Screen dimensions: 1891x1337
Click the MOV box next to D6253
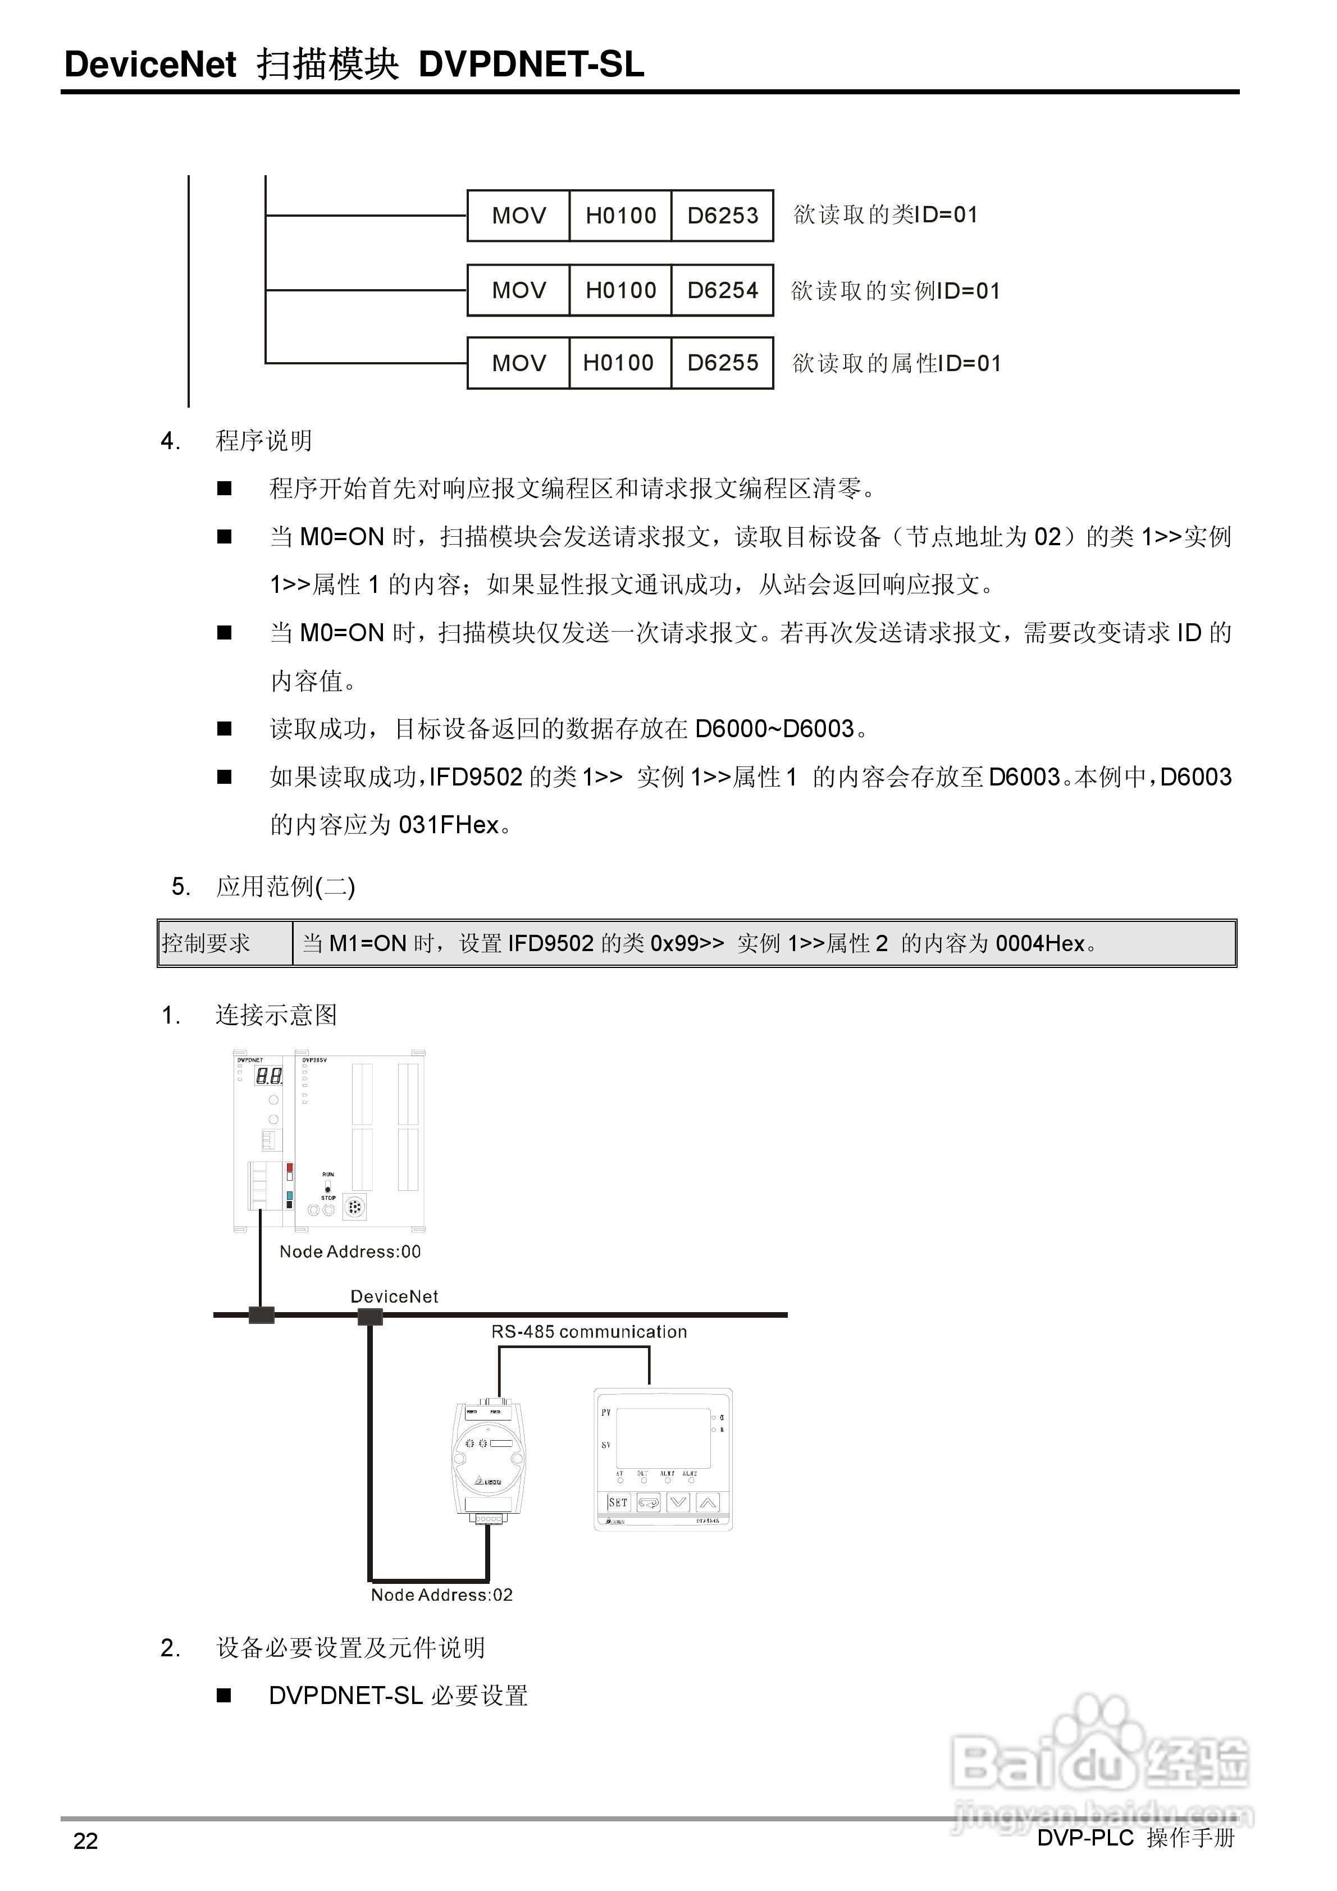tap(518, 216)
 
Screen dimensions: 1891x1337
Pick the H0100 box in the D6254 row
tap(620, 290)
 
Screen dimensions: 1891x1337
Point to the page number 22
tap(86, 1841)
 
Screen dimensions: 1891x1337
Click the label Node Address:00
tap(350, 1252)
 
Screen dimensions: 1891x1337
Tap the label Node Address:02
tap(441, 1595)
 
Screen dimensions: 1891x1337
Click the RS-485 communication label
tap(589, 1332)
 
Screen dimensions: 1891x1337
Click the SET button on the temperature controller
tap(618, 1502)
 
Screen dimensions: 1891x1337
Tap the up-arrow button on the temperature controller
tap(708, 1502)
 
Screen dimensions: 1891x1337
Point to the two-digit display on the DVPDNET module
tap(268, 1076)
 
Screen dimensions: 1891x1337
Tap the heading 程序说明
tap(263, 441)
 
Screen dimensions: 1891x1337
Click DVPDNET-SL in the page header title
tap(531, 64)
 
